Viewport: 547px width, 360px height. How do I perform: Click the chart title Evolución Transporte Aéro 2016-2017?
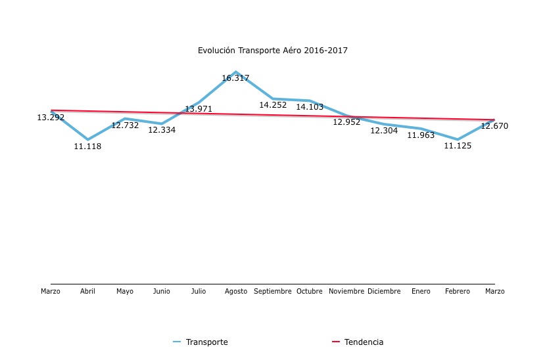272,51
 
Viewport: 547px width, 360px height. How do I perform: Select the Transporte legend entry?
206,342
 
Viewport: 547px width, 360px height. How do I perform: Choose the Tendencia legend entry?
364,342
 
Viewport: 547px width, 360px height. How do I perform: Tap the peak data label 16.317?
235,78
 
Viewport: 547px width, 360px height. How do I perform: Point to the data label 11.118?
87,146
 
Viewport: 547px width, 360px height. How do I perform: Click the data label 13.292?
51,118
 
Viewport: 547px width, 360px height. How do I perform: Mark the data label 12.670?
494,126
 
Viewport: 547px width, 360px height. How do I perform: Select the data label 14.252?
273,105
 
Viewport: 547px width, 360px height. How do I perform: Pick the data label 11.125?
458,146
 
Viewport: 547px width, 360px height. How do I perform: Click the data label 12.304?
384,131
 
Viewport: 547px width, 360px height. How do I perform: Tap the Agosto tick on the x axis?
236,291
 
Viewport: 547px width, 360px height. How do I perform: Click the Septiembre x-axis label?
273,291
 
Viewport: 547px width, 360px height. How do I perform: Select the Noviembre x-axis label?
346,291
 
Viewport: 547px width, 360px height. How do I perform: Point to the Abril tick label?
87,291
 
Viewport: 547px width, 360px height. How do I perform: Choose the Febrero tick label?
458,291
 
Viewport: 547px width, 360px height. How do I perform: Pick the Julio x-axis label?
199,291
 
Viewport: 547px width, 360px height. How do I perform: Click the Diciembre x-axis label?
384,291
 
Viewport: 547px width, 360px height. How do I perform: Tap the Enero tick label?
421,291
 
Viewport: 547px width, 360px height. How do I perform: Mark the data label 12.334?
162,130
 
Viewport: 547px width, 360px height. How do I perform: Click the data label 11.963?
421,135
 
